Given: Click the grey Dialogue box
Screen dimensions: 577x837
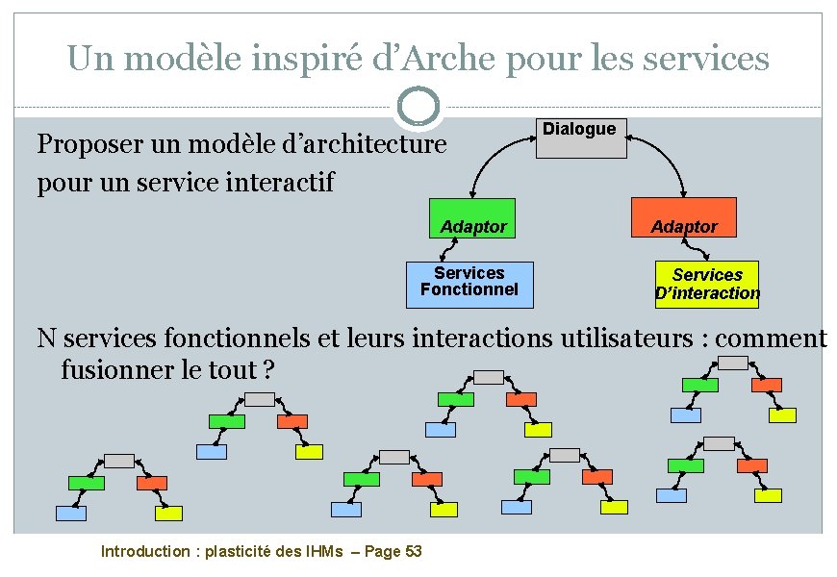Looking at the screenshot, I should pyautogui.click(x=581, y=138).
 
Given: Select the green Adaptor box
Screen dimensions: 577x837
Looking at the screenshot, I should pyautogui.click(x=471, y=217).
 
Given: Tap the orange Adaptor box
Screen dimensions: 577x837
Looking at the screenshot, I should pyautogui.click(x=684, y=217).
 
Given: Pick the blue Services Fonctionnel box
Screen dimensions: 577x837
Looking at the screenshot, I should pyautogui.click(x=469, y=285).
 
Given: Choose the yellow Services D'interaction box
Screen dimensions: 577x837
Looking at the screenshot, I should pyautogui.click(x=707, y=285).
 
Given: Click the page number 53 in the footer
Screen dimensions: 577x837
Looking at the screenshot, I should pyautogui.click(x=413, y=551).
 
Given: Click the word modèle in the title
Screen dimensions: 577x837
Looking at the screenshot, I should pyautogui.click(x=169, y=60).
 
